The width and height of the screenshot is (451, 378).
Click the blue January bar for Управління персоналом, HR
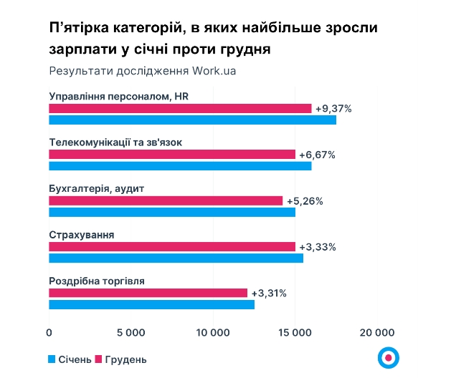coord(192,120)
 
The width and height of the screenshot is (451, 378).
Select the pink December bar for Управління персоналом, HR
coord(180,109)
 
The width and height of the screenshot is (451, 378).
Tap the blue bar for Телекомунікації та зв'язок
coord(180,166)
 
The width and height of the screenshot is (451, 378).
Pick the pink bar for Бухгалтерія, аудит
coord(166,200)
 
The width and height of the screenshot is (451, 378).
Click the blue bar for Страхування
coord(176,258)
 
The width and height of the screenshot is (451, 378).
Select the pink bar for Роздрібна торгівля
coord(148,293)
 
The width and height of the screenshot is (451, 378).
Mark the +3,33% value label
coord(317,247)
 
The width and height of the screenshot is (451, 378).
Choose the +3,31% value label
coord(269,293)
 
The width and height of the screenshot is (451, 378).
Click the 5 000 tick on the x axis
coord(130,333)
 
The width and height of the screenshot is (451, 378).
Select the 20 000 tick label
coord(376,333)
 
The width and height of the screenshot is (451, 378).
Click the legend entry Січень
coord(70,359)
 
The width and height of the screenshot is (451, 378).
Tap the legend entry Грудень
coord(120,359)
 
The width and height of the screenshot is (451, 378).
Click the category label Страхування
coord(81,235)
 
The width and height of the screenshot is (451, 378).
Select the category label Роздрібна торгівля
coord(96,281)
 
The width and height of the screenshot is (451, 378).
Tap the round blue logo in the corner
coord(388,357)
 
